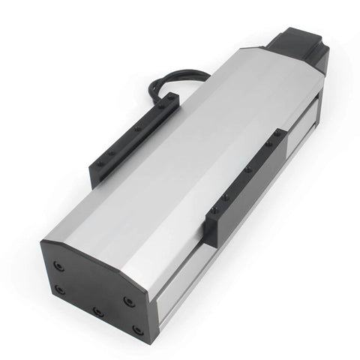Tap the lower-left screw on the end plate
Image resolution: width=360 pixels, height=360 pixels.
point(60,290)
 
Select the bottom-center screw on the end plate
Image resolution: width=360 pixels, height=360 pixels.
point(97,310)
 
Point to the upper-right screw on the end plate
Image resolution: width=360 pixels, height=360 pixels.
point(129,301)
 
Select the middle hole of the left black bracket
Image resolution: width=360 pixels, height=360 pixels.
point(138,129)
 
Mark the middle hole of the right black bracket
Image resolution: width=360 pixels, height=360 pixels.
point(247,170)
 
